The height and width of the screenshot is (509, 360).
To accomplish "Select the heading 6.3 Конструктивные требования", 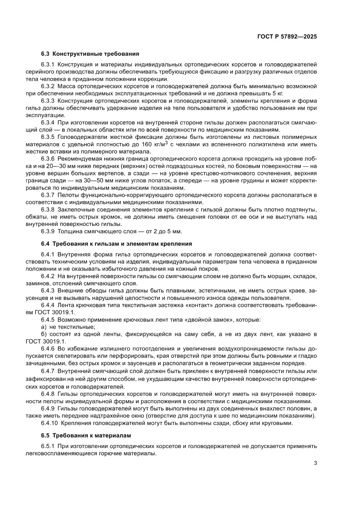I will coord(90,54).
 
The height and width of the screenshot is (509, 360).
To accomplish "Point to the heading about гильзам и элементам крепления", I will coord(116,243).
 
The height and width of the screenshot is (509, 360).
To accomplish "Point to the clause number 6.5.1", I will coord(47,446).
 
